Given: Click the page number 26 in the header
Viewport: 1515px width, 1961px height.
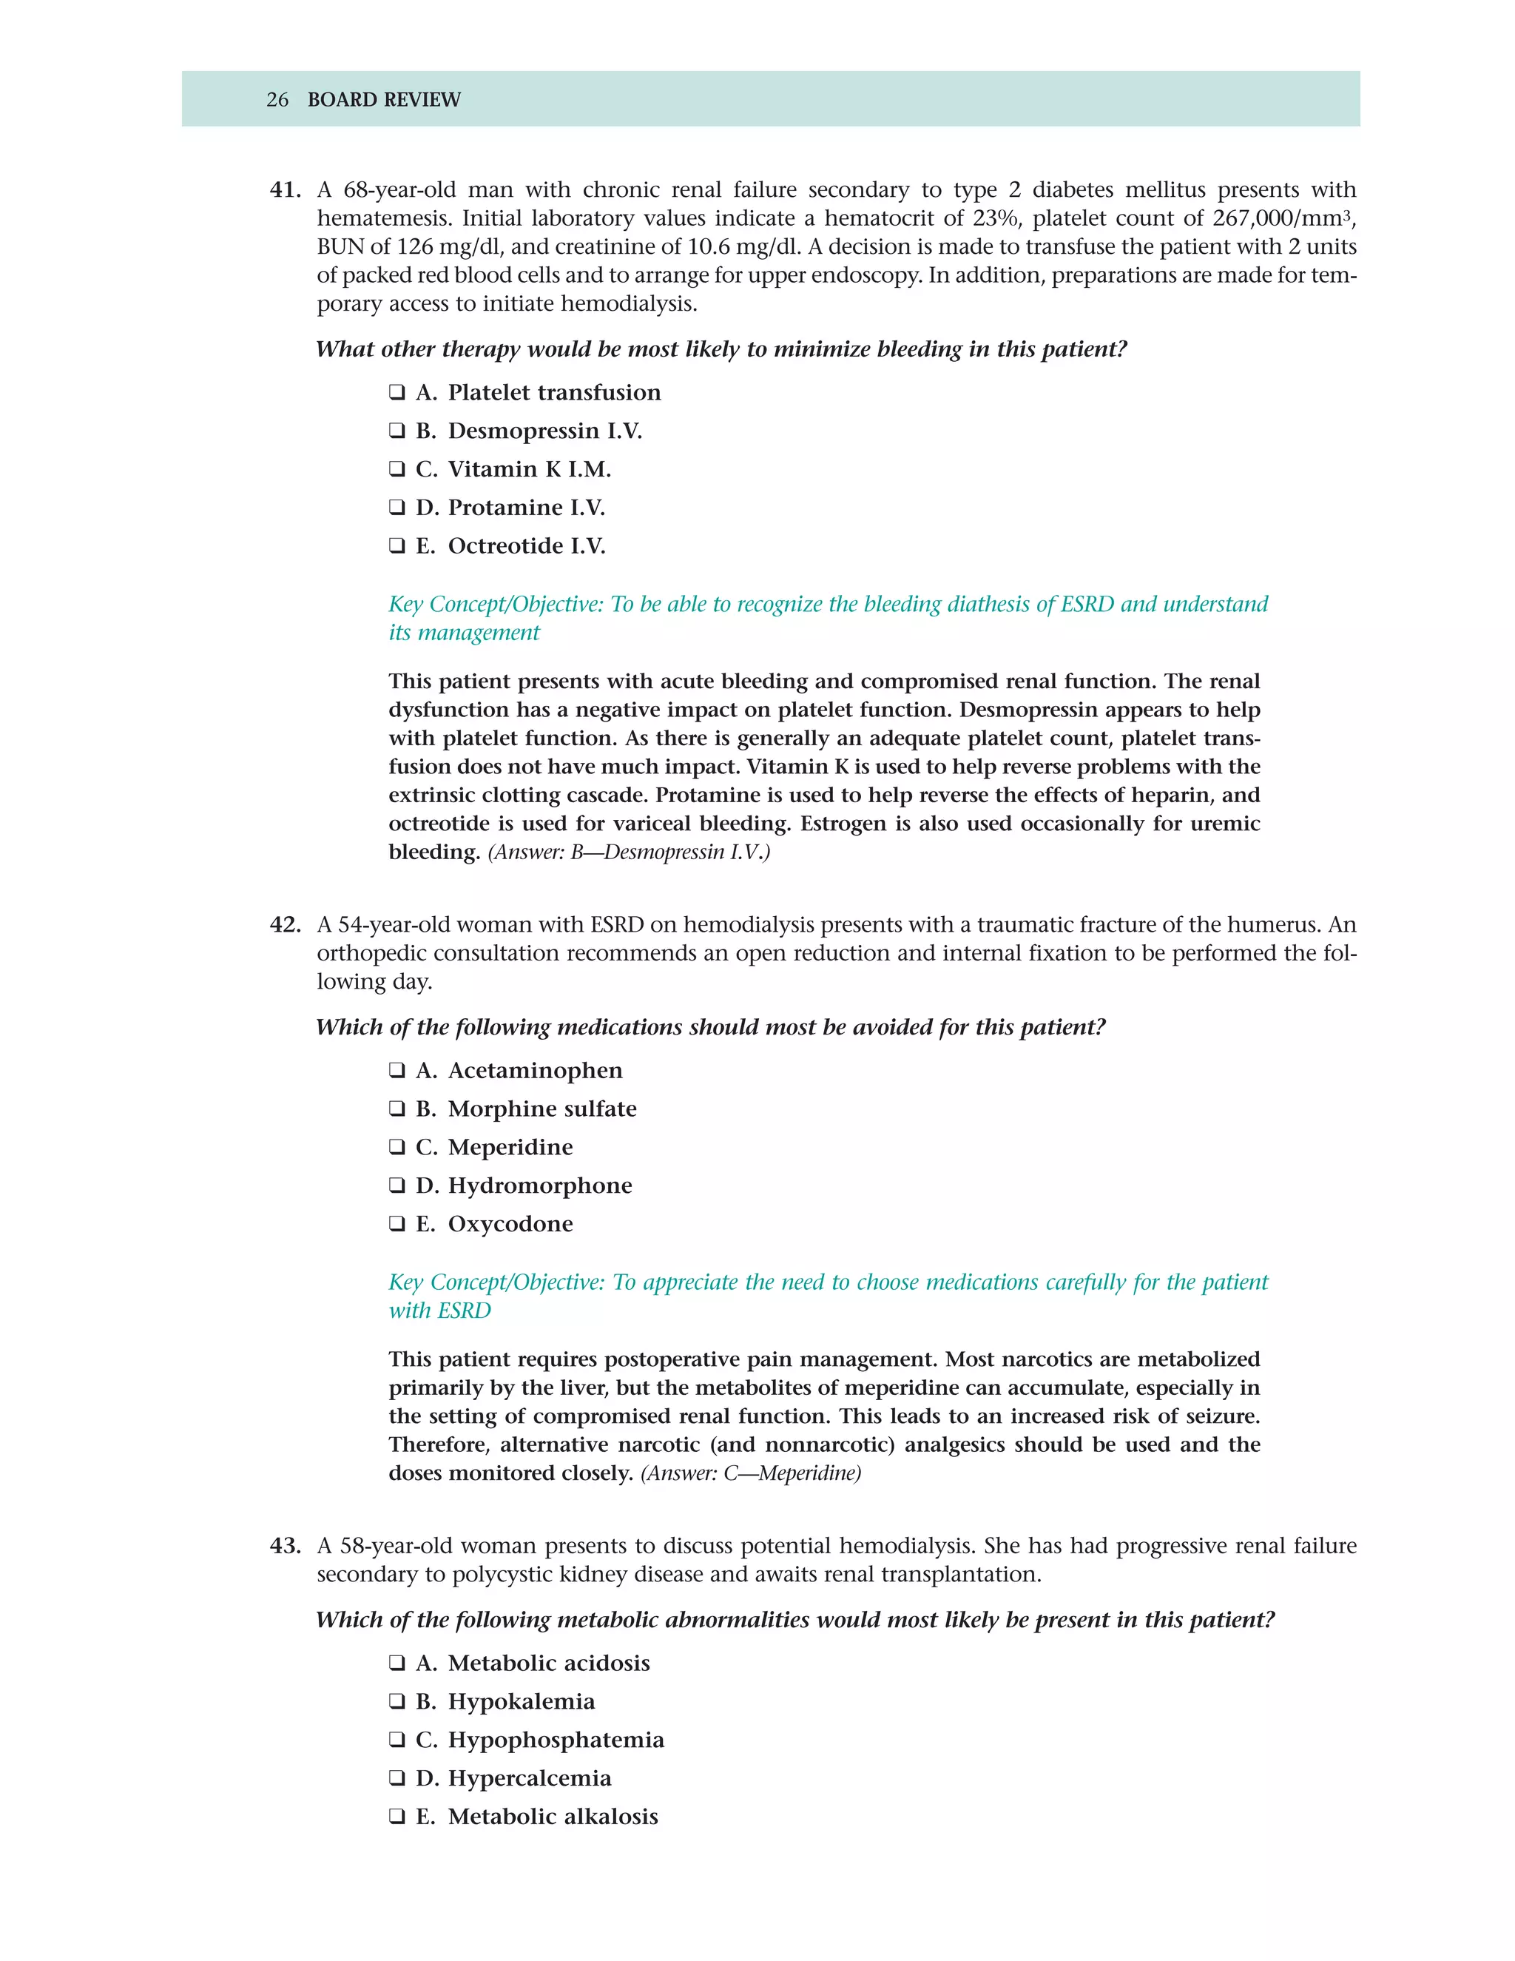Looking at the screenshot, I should coord(277,100).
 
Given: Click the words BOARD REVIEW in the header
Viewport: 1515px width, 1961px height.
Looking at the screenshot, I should coord(383,100).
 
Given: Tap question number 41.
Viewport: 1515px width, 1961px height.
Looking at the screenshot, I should coord(285,190).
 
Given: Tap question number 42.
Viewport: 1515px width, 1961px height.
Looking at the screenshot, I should coord(285,925).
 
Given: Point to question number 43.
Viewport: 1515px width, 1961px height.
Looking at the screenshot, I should coord(285,1546).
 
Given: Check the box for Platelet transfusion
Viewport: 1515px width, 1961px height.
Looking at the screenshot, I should coord(397,392).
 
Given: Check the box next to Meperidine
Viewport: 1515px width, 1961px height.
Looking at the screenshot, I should coord(397,1148).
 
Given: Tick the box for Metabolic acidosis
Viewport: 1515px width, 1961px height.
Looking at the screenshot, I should coord(397,1664).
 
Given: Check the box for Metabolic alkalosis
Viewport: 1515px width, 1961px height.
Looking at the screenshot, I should coord(397,1817).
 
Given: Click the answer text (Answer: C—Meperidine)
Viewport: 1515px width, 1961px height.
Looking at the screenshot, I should coord(750,1473).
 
